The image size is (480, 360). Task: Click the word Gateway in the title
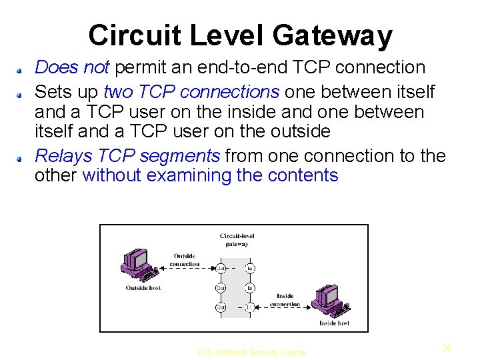338,35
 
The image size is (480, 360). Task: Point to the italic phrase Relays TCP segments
127,156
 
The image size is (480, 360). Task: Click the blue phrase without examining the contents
210,175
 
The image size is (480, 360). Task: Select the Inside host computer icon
333,299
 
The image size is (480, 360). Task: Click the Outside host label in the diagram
143,288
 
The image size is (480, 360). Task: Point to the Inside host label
334,323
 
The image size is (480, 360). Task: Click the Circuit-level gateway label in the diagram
237,240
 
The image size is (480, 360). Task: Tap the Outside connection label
185,260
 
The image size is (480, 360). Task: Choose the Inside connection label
285,301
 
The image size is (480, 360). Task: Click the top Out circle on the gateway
221,269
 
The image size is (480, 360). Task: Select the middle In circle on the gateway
250,288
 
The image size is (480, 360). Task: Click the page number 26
447,348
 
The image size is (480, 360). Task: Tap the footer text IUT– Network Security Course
252,353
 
